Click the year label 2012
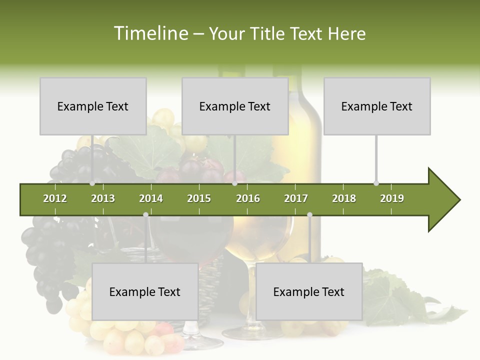(x=55, y=198)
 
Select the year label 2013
(x=103, y=198)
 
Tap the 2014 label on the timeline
(x=151, y=198)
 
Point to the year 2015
(x=199, y=198)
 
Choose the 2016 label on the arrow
(x=248, y=198)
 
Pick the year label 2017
(x=296, y=198)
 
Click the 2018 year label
(x=344, y=198)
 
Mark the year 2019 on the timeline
(x=392, y=198)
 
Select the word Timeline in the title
(x=150, y=33)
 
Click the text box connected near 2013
(x=93, y=106)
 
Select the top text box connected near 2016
(x=235, y=106)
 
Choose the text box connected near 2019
(x=377, y=106)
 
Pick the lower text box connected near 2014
(x=145, y=291)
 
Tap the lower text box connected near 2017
(x=309, y=291)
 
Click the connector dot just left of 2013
(x=92, y=183)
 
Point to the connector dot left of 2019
(x=376, y=183)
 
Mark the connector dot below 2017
(x=309, y=214)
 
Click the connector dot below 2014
(x=145, y=214)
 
